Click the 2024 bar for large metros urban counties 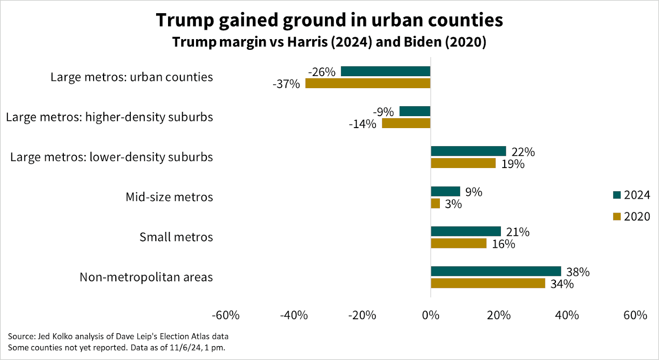pyautogui.click(x=386, y=71)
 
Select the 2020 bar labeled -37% pyautogui.click(x=367, y=83)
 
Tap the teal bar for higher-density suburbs pyautogui.click(x=415, y=111)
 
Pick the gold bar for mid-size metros pyautogui.click(x=435, y=203)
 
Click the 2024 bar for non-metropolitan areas pyautogui.click(x=495, y=271)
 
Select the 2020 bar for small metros pyautogui.click(x=458, y=243)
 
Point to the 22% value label pyautogui.click(x=523, y=152)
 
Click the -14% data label pyautogui.click(x=362, y=124)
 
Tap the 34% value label pyautogui.click(x=562, y=284)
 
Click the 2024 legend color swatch pyautogui.click(x=617, y=195)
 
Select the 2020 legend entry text pyautogui.click(x=637, y=217)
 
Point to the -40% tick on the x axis pyautogui.click(x=294, y=316)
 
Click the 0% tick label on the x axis pyautogui.click(x=430, y=316)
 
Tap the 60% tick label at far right pyautogui.click(x=635, y=316)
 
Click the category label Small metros pyautogui.click(x=176, y=237)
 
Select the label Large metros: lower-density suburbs pyautogui.click(x=112, y=157)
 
